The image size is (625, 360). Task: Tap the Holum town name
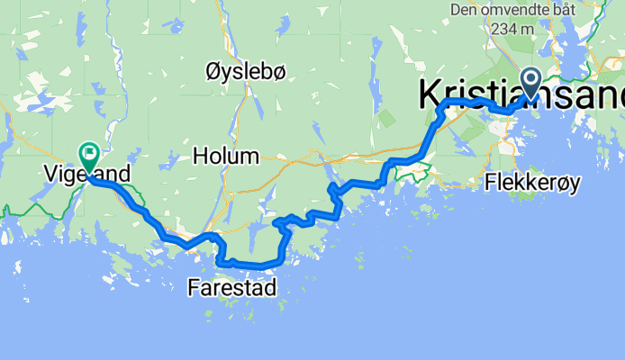pos(226,157)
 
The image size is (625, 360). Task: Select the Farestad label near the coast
pos(232,288)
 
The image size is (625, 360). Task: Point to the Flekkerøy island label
pos(533,183)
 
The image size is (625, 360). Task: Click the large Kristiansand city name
pos(521,95)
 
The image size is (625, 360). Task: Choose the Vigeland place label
pos(87,171)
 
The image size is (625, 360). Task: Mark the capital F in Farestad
pos(195,288)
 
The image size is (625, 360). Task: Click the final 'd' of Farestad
pos(270,288)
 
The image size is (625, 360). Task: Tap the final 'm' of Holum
pos(251,157)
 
